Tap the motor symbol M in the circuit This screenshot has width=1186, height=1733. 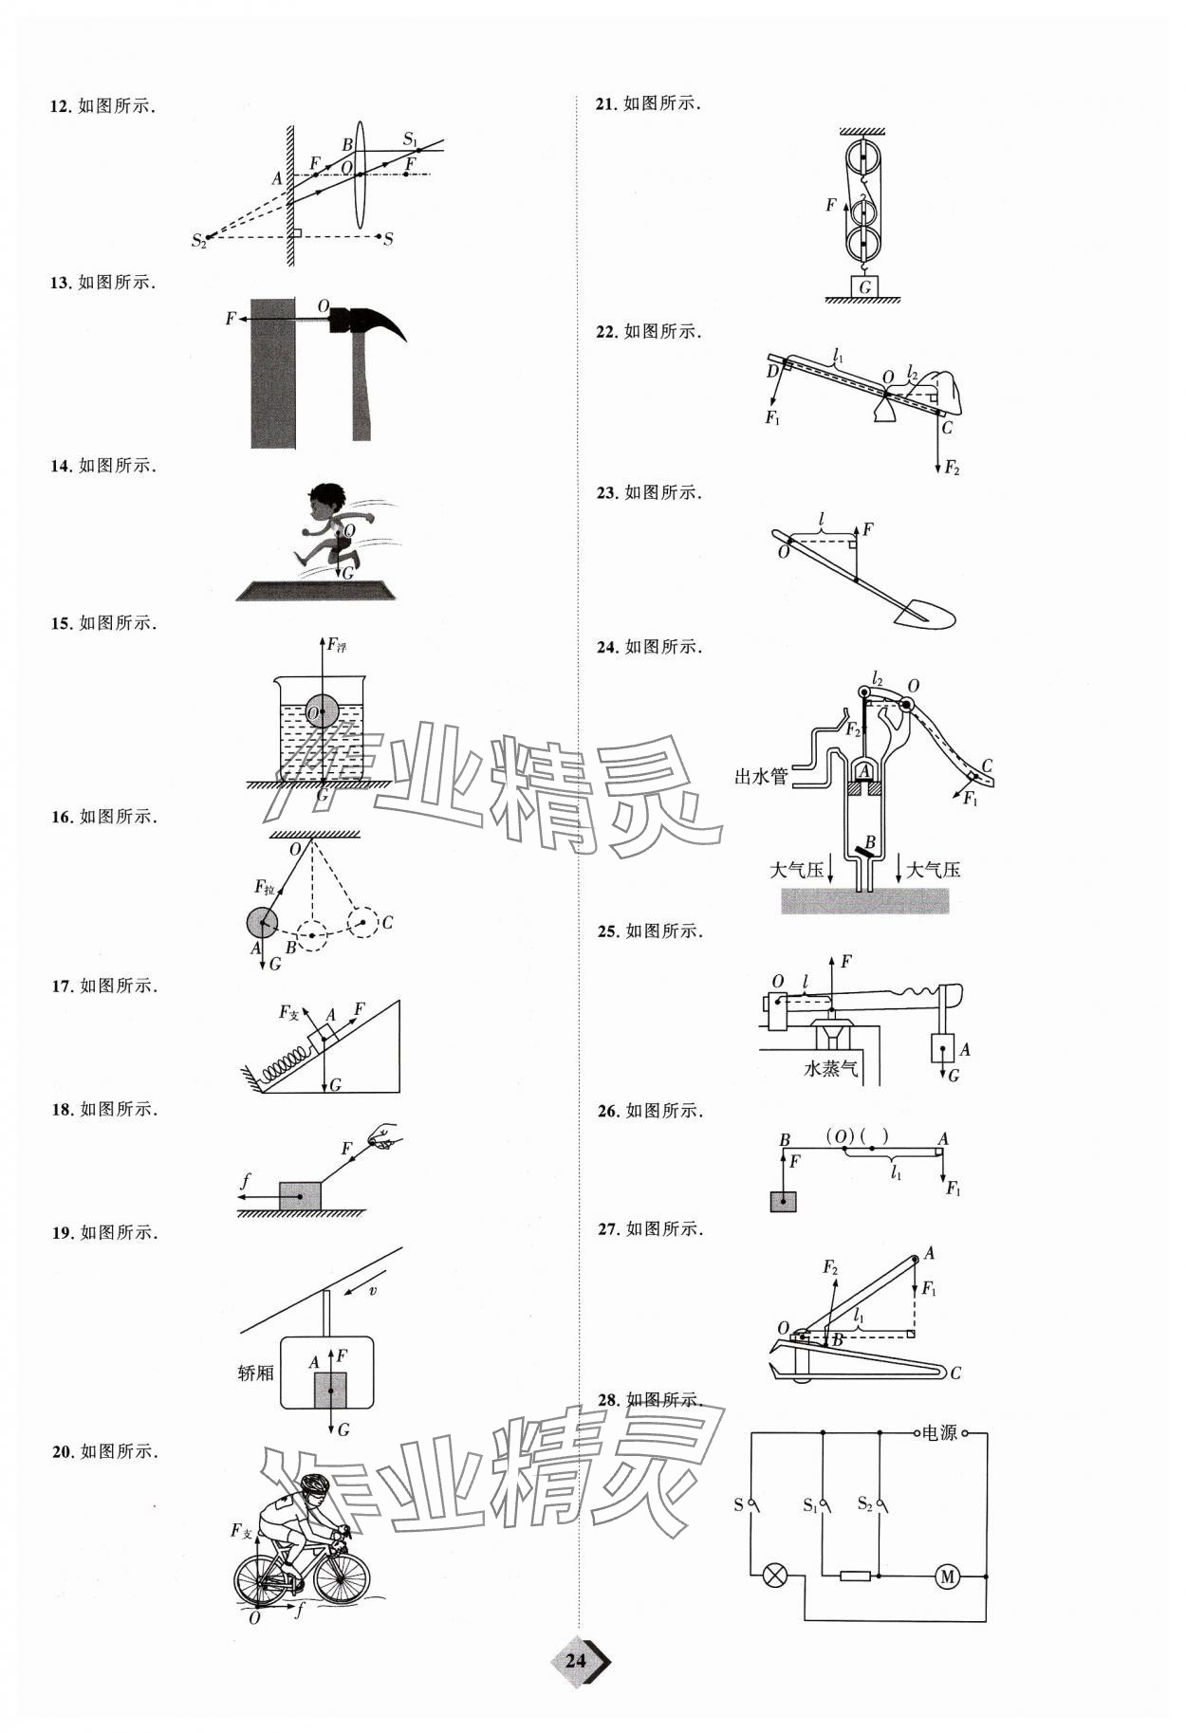tap(946, 1576)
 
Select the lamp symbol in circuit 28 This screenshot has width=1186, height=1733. tap(775, 1576)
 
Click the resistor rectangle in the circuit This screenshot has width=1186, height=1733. tap(855, 1576)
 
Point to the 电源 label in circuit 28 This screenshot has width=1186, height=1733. tap(939, 1433)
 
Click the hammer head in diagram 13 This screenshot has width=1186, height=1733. tap(365, 320)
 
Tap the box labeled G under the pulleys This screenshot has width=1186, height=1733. tap(864, 286)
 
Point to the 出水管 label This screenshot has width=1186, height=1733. tap(761, 777)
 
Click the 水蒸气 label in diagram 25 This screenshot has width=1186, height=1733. tap(830, 1068)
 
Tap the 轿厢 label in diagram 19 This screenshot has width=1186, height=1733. tap(255, 1373)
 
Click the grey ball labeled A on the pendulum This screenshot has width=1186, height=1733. tap(262, 921)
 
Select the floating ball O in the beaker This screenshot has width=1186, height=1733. tap(322, 711)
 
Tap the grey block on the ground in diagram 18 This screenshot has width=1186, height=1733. tap(300, 1196)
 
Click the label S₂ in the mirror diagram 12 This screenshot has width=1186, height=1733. tap(197, 241)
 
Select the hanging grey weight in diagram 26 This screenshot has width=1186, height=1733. tap(783, 1201)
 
